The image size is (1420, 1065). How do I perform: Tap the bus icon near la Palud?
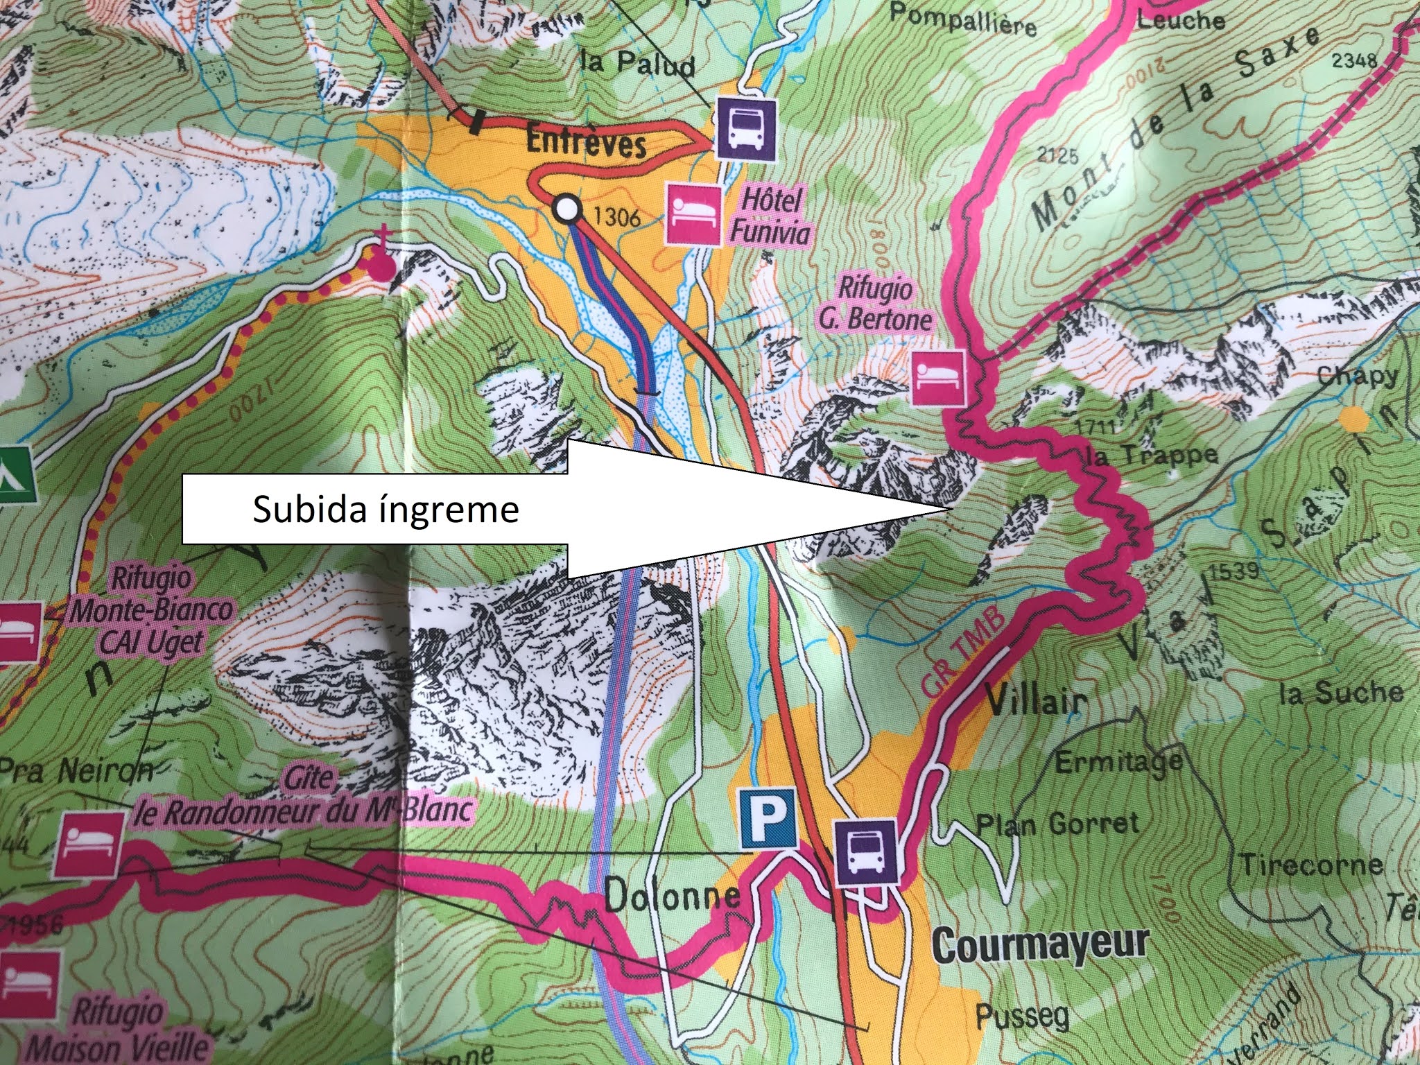coord(745,130)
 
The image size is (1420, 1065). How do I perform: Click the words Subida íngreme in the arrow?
coord(386,510)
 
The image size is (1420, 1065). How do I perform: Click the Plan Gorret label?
coord(1057,824)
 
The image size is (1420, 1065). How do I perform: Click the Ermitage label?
coord(1118,762)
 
